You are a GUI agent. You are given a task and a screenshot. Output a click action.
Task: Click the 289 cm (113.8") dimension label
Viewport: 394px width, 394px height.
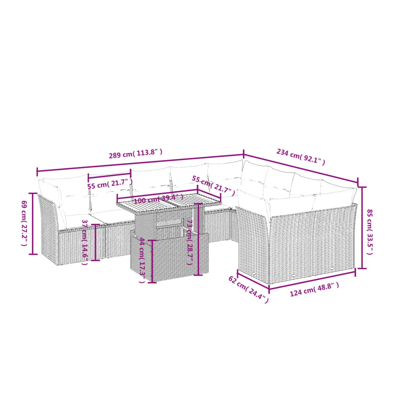(x=135, y=153)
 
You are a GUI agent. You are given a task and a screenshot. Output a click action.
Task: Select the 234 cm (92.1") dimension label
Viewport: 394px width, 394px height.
(x=301, y=157)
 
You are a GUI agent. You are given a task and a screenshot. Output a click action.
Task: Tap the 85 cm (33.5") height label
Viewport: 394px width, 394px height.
(x=369, y=232)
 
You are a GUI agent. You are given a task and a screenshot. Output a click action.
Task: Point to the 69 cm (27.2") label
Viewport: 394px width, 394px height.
(x=24, y=223)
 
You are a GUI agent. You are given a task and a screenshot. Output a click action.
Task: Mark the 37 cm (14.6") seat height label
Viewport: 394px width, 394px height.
(x=85, y=242)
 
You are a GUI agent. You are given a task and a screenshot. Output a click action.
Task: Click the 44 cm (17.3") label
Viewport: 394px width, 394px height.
(x=142, y=260)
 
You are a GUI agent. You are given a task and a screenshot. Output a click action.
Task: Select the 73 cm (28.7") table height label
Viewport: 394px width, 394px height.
(x=190, y=242)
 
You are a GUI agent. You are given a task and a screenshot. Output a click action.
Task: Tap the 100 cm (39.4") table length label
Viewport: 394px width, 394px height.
(x=159, y=199)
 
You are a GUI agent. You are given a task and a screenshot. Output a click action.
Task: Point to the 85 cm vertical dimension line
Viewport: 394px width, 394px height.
(x=362, y=228)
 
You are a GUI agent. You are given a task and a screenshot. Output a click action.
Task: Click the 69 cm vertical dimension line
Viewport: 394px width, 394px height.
(x=33, y=224)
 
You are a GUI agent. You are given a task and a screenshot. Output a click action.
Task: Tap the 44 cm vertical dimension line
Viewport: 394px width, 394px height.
(x=152, y=261)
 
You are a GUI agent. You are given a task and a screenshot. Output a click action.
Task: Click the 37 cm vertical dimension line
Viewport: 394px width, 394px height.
(x=96, y=242)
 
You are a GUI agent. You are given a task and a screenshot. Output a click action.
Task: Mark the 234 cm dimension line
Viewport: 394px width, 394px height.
(x=301, y=168)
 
